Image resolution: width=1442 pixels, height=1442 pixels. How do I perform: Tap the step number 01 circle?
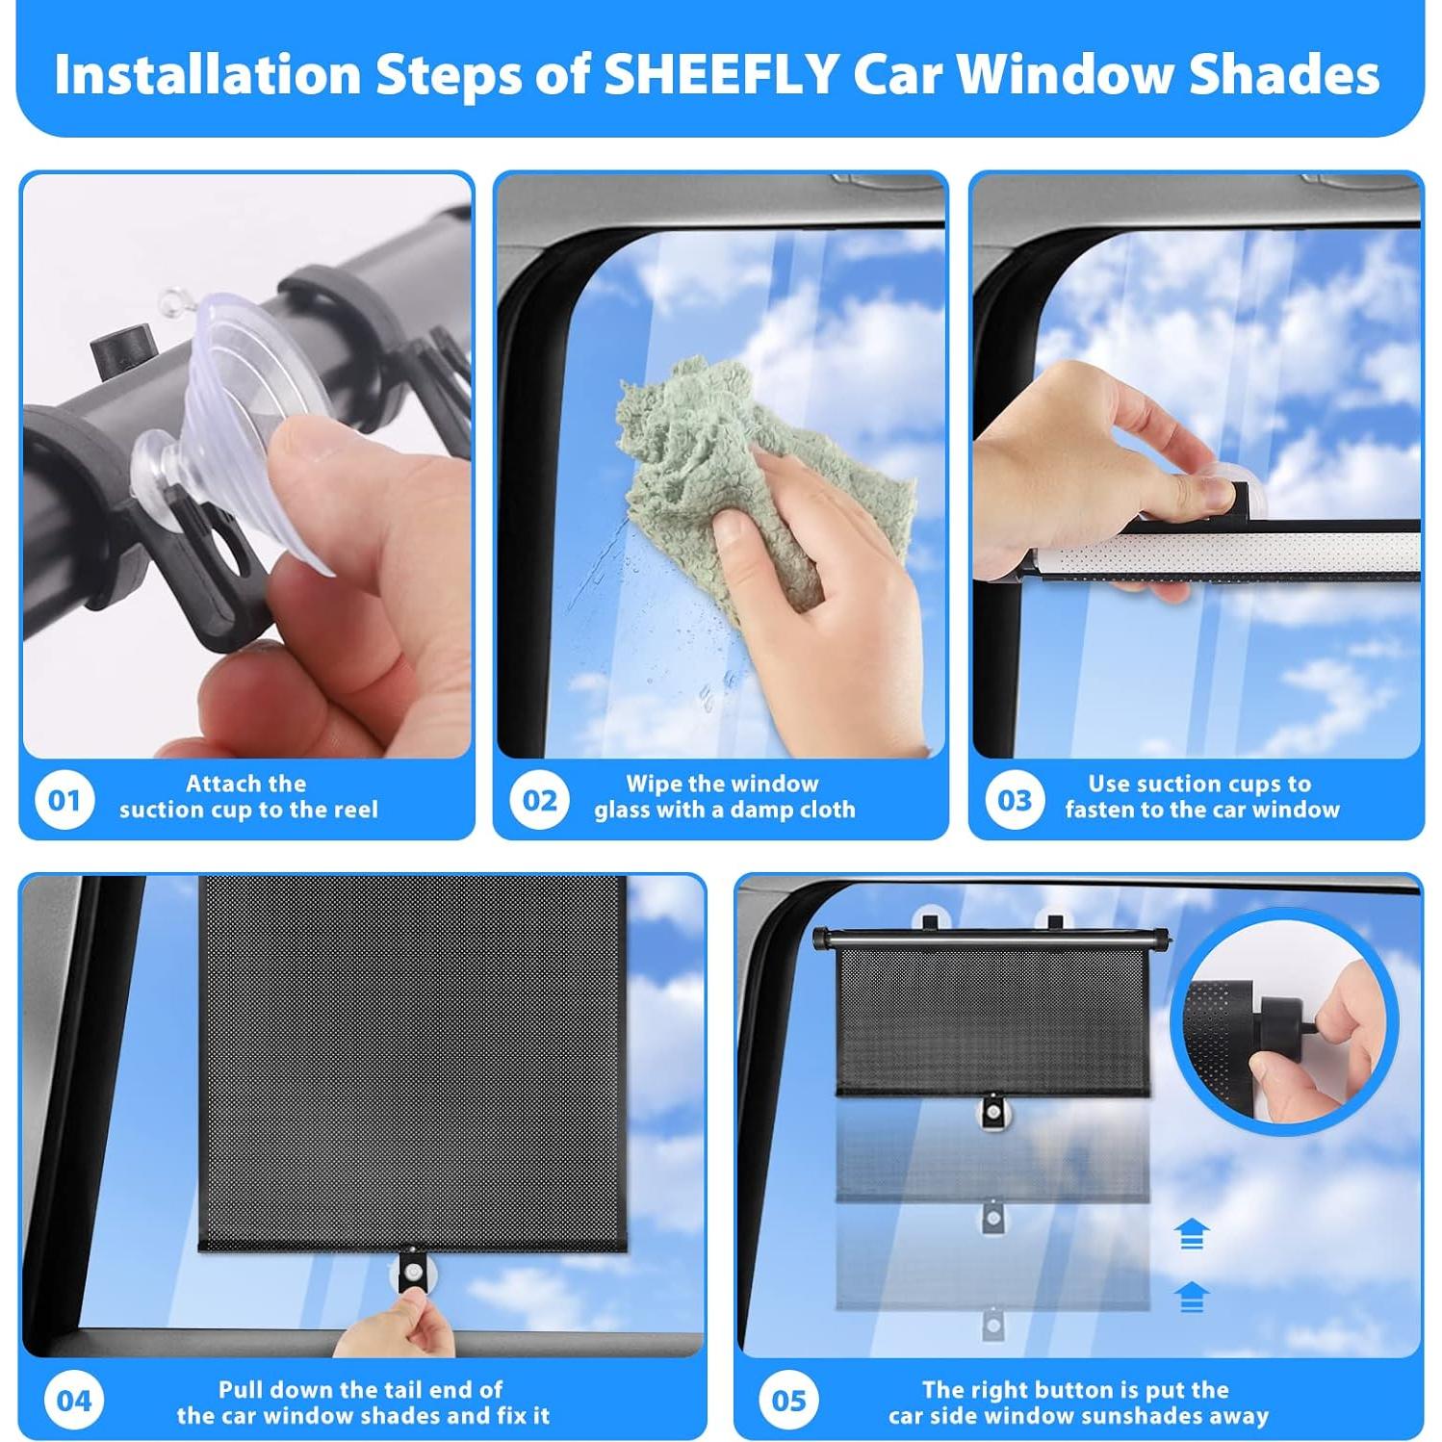pyautogui.click(x=64, y=799)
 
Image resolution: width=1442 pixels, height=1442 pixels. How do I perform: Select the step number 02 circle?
pyautogui.click(x=539, y=799)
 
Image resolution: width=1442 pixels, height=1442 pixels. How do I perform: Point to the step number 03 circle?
pyautogui.click(x=1014, y=799)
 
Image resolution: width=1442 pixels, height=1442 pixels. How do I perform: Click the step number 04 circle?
pyautogui.click(x=74, y=1400)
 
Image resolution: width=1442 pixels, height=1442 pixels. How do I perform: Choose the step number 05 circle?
pyautogui.click(x=788, y=1400)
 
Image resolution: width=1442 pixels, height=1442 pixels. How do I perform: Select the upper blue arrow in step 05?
pyautogui.click(x=1192, y=1233)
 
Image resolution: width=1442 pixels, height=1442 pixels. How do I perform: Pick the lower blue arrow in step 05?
pyautogui.click(x=1192, y=1297)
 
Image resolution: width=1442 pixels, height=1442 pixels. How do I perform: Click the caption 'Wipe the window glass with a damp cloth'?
pyautogui.click(x=724, y=797)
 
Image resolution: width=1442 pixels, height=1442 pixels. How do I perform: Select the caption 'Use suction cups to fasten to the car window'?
pyautogui.click(x=1201, y=797)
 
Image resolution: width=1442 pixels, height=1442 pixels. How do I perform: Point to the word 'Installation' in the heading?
pyautogui.click(x=207, y=75)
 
